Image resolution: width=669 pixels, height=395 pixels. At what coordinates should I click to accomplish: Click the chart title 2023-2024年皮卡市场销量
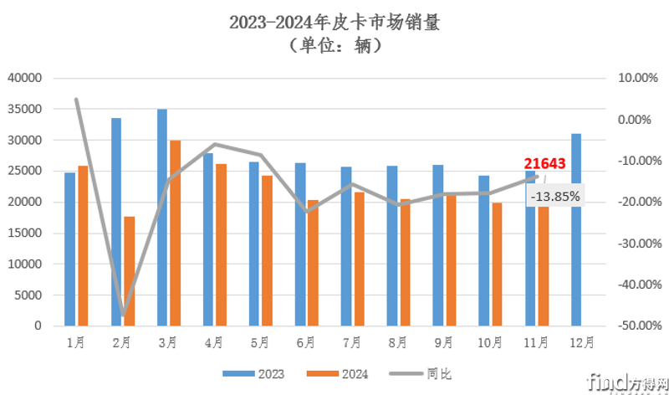(334, 23)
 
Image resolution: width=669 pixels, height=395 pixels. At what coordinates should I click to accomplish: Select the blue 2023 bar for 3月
(162, 218)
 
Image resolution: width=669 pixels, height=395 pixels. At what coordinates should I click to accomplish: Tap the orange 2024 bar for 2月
(129, 270)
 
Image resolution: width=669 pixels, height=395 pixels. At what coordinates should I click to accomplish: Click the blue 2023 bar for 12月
(576, 229)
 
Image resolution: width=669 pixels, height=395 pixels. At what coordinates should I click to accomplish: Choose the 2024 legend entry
(334, 373)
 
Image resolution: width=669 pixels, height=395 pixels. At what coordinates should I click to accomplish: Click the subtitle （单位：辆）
(334, 45)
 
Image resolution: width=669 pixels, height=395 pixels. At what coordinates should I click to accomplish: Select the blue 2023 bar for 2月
(116, 222)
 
